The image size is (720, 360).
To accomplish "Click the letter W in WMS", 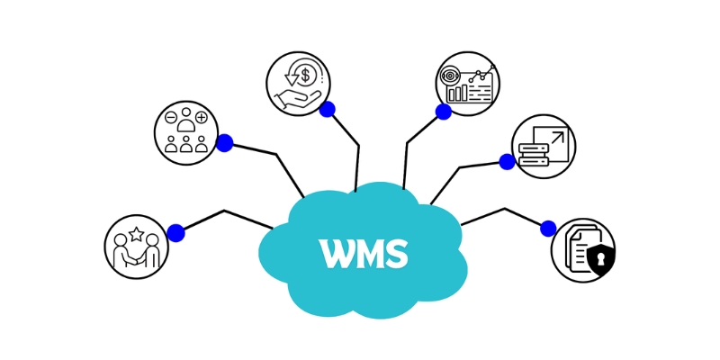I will click(337, 253).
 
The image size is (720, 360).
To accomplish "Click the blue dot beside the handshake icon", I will click(175, 233).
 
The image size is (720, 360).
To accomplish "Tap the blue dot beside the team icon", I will click(224, 142).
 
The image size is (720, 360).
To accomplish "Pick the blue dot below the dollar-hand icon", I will click(327, 109).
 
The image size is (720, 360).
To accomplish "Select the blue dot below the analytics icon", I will click(443, 112).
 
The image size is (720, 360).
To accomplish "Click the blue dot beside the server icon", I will click(507, 162).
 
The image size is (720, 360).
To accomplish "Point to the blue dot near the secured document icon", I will click(548, 229).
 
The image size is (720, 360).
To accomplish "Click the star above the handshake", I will click(136, 234).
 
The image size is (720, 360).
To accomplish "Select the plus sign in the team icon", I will click(202, 117).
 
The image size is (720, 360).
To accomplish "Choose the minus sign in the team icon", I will click(170, 117).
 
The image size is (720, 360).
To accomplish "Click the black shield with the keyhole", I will click(600, 259).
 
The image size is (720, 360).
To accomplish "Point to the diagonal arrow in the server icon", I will click(556, 137).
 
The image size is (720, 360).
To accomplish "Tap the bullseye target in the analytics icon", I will click(450, 75).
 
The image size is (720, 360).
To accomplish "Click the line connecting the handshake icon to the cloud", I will click(225, 212).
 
